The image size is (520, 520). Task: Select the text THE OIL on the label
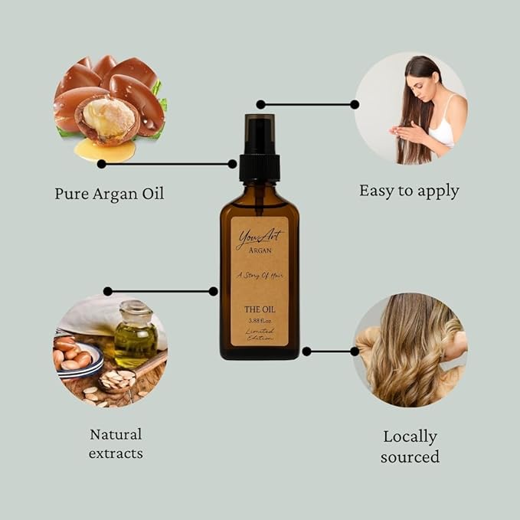coord(260,310)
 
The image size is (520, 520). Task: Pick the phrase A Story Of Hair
coord(260,274)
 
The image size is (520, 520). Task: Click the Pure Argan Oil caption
coord(109,193)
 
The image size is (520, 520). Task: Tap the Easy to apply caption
coord(409,191)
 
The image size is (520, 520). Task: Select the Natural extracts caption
coord(116,443)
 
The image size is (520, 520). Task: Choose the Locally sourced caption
coord(410,446)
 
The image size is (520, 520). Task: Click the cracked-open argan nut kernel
coord(110,119)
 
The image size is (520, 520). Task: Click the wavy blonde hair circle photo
coord(410,350)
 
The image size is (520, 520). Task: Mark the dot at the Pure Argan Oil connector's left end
coord(102,163)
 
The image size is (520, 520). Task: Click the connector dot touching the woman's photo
coord(355,104)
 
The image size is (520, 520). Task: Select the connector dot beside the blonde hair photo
coord(354,352)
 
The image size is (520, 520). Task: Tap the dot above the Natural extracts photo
coord(107,291)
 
